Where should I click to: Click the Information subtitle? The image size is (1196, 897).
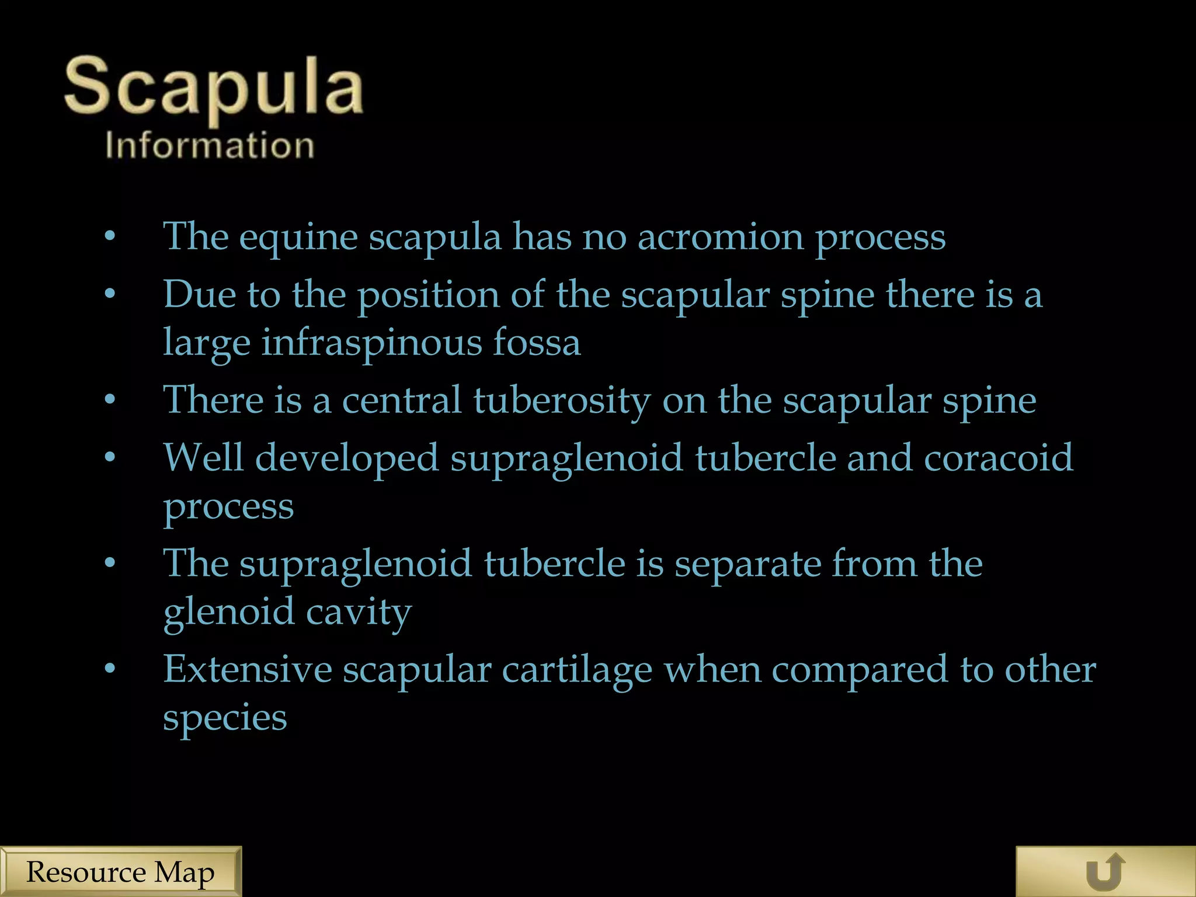(210, 145)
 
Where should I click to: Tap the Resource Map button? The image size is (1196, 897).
(120, 872)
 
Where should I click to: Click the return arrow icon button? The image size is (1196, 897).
(1105, 872)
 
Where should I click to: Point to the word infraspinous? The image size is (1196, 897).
(371, 343)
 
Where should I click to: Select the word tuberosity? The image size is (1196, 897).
(561, 401)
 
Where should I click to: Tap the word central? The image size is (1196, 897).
(402, 401)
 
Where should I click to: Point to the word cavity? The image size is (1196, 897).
(359, 613)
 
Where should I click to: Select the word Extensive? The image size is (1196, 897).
(247, 669)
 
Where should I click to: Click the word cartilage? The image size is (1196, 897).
(577, 670)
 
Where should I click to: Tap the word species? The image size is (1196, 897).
(225, 718)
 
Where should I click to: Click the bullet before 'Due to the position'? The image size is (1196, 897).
(110, 295)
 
